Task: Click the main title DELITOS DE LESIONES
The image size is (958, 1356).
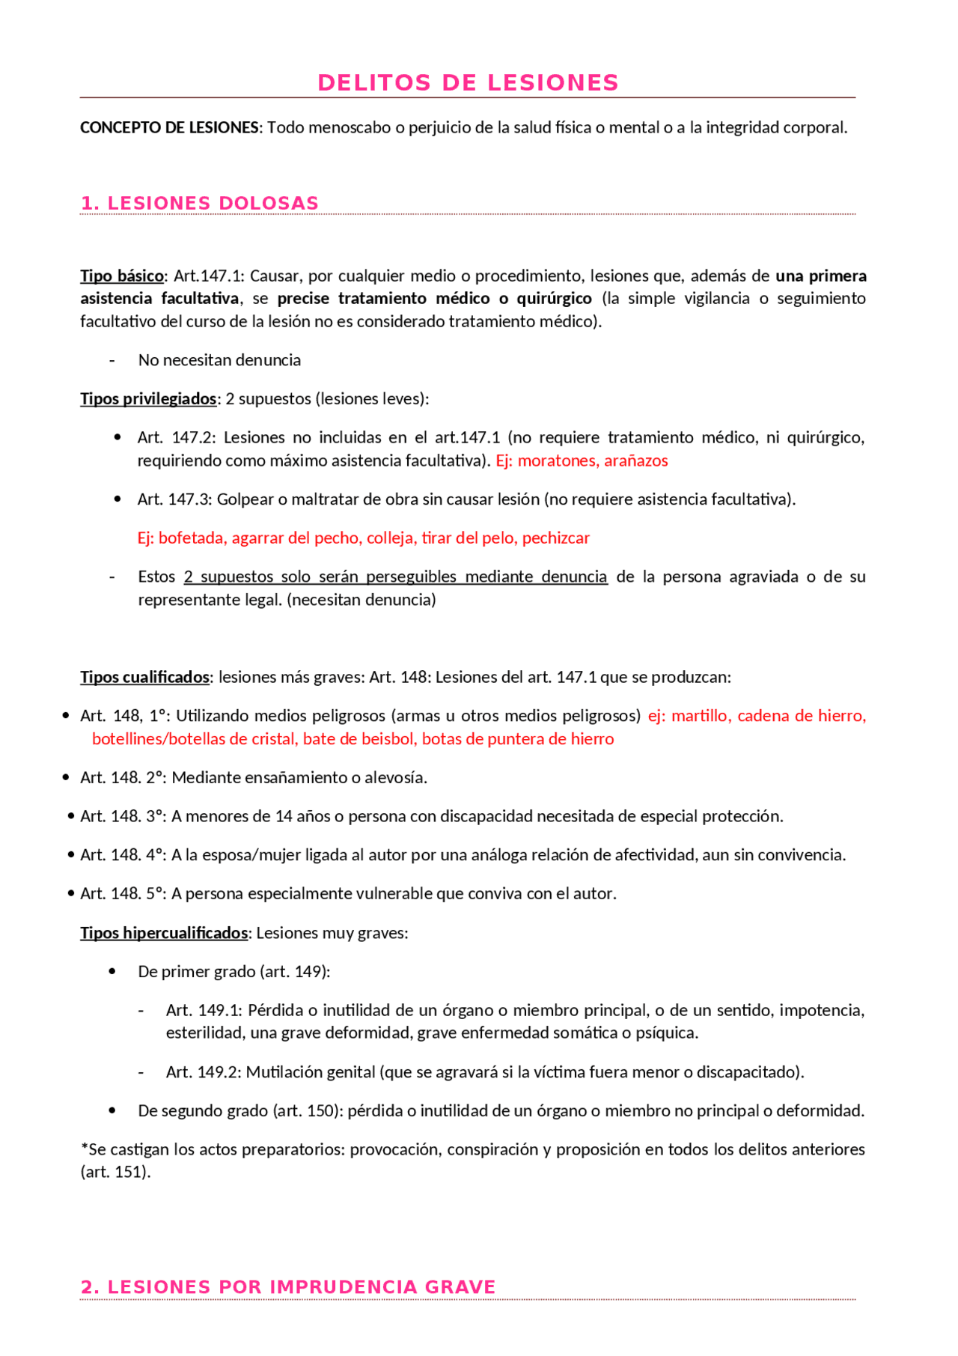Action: click(468, 82)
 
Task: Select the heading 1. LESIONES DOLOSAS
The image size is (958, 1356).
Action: click(199, 203)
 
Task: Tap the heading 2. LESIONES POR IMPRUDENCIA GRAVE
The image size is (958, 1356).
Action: click(287, 1286)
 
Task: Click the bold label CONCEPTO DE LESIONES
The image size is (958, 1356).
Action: click(169, 127)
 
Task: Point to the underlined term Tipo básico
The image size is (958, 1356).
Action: click(121, 276)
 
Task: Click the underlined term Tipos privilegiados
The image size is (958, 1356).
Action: click(148, 398)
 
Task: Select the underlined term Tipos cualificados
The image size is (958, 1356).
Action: click(144, 677)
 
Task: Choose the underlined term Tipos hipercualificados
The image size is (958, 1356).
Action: click(164, 932)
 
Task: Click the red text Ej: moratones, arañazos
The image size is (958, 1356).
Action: click(582, 460)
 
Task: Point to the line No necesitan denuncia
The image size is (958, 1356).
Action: click(219, 360)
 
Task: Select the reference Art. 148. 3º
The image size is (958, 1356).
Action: click(123, 816)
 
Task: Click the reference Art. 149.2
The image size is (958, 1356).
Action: click(203, 1071)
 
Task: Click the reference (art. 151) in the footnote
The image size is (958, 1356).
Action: click(115, 1172)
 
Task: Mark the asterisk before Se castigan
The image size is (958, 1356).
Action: click(84, 1147)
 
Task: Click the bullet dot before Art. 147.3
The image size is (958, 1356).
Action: click(118, 499)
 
